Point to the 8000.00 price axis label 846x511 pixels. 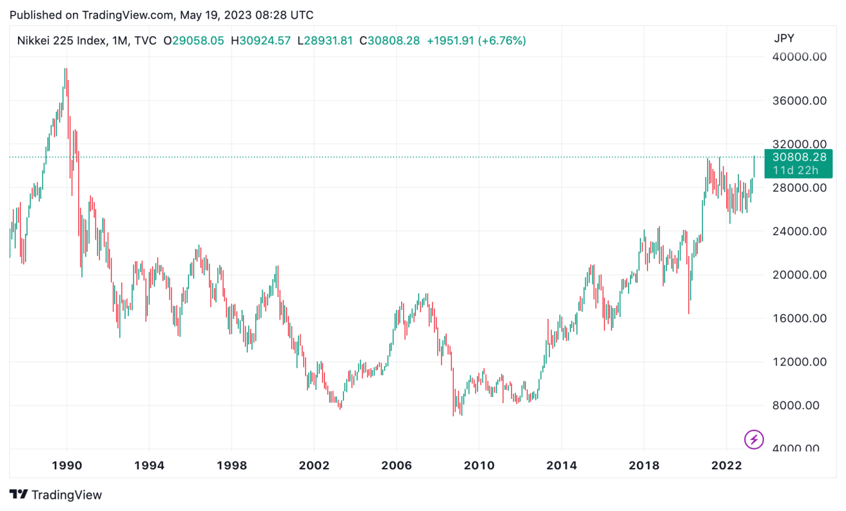pyautogui.click(x=798, y=405)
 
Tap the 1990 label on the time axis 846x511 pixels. pyautogui.click(x=67, y=466)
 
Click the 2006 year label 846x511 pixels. pyautogui.click(x=396, y=466)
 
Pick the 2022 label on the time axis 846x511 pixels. pyautogui.click(x=726, y=466)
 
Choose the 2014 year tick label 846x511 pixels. pyautogui.click(x=561, y=466)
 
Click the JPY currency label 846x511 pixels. pyautogui.click(x=784, y=38)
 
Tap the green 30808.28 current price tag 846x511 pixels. pyautogui.click(x=799, y=157)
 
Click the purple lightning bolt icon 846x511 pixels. pyautogui.click(x=754, y=439)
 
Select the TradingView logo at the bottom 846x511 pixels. pyautogui.click(x=56, y=494)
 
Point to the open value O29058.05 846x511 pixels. pyautogui.click(x=194, y=41)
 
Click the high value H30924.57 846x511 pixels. pyautogui.click(x=262, y=41)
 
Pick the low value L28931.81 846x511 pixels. pyautogui.click(x=324, y=41)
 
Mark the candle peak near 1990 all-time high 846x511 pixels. pyautogui.click(x=65, y=69)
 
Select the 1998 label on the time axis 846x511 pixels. pyautogui.click(x=232, y=466)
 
